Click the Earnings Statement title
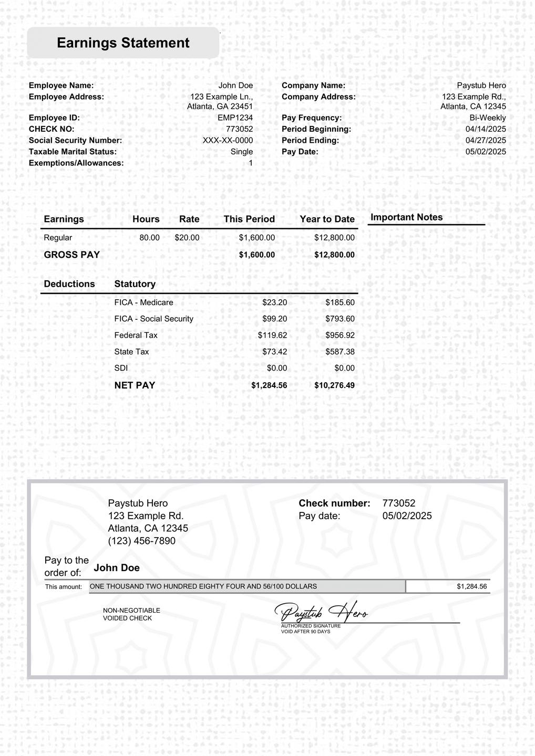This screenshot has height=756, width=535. point(123,43)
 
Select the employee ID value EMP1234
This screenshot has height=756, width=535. point(235,118)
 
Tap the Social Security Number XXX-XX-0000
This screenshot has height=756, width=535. point(228,141)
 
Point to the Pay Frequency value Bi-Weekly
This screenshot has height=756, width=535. point(488,118)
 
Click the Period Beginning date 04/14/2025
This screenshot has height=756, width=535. point(486,129)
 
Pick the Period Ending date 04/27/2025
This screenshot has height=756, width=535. point(486,141)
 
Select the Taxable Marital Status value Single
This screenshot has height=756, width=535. point(242,152)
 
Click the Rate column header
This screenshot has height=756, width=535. point(189,219)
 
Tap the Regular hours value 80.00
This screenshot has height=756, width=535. point(149,238)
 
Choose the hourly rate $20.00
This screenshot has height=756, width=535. point(187,238)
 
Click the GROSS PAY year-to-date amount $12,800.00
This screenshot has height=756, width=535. point(334,255)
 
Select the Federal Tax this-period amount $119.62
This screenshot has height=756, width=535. point(272,335)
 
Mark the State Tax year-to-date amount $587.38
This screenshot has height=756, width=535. point(339,352)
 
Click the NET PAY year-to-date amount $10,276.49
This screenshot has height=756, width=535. point(334,385)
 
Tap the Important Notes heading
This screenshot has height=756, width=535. point(407,217)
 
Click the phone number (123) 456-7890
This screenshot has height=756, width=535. point(142,541)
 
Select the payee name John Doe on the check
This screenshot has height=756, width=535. point(117,568)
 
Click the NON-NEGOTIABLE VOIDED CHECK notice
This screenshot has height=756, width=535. point(131,614)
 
